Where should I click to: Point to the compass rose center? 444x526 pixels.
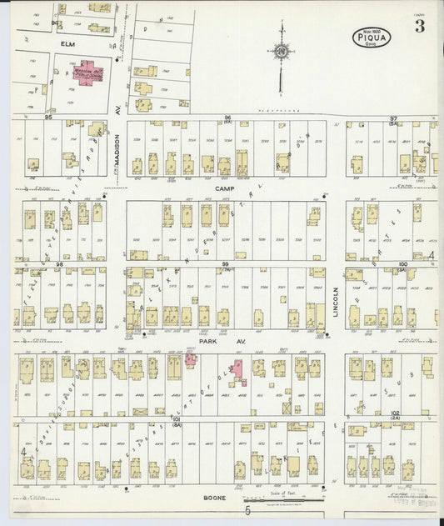point(282,53)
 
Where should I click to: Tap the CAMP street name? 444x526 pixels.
point(222,189)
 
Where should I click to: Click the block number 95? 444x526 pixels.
point(48,118)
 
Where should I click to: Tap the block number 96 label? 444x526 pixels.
point(226,118)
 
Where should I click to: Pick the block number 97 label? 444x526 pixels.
point(392,118)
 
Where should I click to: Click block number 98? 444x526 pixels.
point(59,263)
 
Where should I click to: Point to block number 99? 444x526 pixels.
point(225,263)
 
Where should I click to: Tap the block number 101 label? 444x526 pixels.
point(176,419)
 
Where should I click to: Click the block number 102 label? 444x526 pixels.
point(396,413)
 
